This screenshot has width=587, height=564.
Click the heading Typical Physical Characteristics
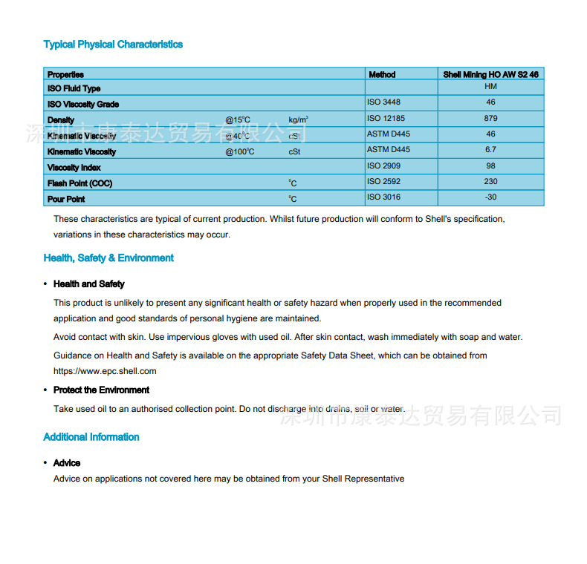(113, 45)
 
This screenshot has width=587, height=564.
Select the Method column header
(382, 75)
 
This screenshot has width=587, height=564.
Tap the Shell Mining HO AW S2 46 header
(490, 75)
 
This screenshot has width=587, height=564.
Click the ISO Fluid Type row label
(74, 89)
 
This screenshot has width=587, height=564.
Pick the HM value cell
(490, 87)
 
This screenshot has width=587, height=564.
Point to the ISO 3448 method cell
(383, 102)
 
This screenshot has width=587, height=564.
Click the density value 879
(490, 118)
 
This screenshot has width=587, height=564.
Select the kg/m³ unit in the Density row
(299, 119)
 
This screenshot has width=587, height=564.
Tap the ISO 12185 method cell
(386, 118)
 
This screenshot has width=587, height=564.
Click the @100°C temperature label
(240, 151)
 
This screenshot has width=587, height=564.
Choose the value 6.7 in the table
(490, 149)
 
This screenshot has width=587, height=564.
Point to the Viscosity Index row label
(74, 168)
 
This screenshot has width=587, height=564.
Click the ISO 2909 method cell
(383, 165)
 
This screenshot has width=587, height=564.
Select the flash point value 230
(490, 181)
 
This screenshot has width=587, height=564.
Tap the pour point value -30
(490, 197)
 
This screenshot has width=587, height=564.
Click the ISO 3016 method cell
(383, 197)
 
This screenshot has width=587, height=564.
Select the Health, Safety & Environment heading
(108, 258)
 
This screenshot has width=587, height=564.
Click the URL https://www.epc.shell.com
(105, 371)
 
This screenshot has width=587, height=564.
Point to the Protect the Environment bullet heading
(101, 390)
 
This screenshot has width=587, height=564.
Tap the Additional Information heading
(91, 437)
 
